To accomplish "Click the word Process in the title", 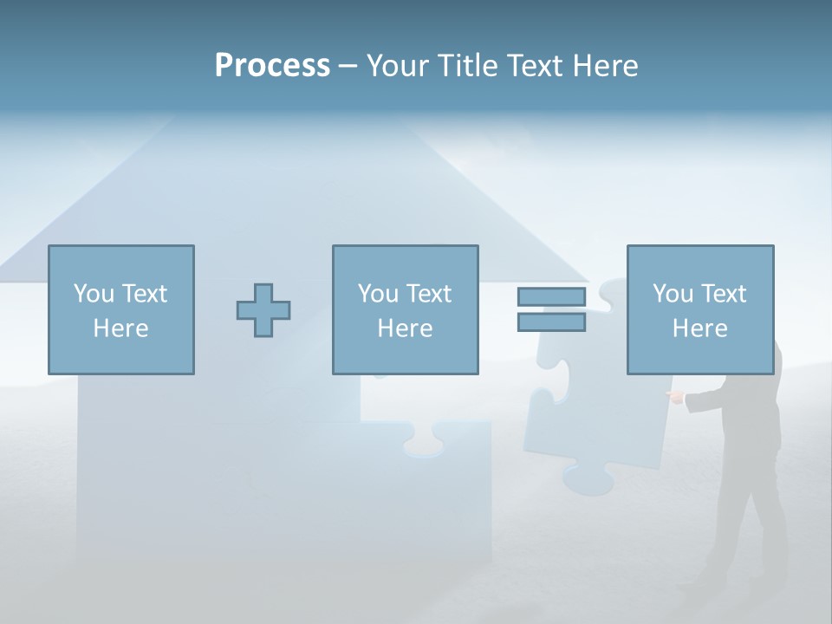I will (x=272, y=66).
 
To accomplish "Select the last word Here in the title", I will (x=606, y=66).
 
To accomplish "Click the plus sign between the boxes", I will (x=263, y=310).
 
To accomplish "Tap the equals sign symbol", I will (x=551, y=309).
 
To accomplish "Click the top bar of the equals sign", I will (x=551, y=297).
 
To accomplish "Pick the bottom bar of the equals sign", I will (x=551, y=322).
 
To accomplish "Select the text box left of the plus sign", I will (x=121, y=309).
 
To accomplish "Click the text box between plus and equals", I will (x=405, y=309).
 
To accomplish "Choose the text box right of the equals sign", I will (x=700, y=309).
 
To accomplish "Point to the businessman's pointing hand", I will (x=674, y=397).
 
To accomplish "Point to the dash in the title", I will (x=348, y=66).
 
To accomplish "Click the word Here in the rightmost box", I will (x=700, y=328).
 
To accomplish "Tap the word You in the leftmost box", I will (x=93, y=293).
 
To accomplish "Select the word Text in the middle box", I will (x=428, y=293).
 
